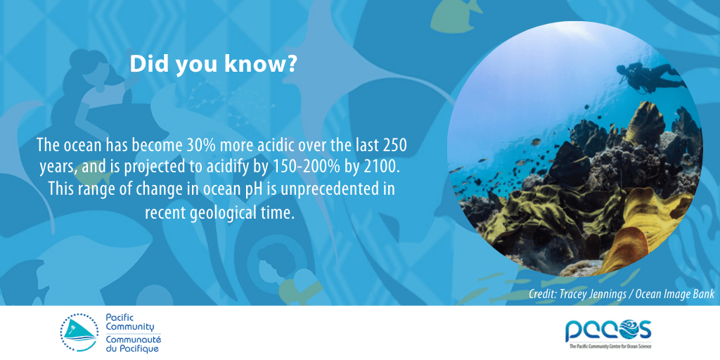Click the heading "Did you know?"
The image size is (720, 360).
[213, 65]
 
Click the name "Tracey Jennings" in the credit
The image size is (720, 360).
[595, 295]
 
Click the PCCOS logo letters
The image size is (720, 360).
[608, 328]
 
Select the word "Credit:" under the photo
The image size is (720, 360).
[542, 295]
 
